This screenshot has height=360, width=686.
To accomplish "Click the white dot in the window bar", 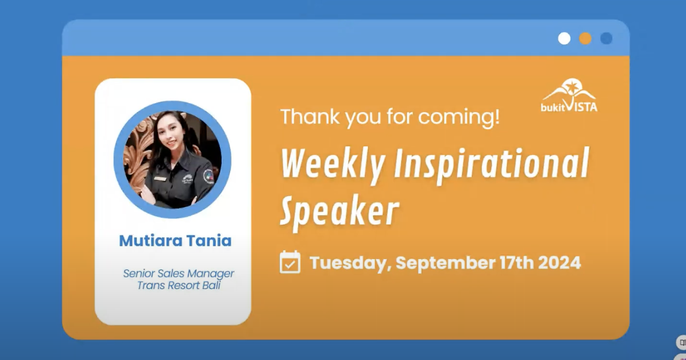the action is (x=564, y=38).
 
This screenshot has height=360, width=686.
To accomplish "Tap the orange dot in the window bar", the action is (x=585, y=38).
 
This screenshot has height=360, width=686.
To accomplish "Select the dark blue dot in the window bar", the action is (x=606, y=38).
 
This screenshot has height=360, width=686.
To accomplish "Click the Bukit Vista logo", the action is (x=569, y=95).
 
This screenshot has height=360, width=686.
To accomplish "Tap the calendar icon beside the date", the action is (x=290, y=262).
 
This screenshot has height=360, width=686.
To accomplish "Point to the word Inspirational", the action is (x=492, y=165).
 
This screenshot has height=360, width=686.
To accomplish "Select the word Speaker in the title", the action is (x=340, y=212).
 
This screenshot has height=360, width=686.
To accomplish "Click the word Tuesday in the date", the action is (x=350, y=263).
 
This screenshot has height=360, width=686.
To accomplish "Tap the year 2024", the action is (x=559, y=262).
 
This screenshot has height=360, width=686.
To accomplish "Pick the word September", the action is (x=446, y=263).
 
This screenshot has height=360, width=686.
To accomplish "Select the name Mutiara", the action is (x=150, y=240).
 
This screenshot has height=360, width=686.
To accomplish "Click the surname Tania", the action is (x=209, y=240).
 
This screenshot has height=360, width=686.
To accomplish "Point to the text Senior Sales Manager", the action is (x=178, y=273).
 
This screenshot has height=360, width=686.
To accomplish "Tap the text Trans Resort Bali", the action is (x=178, y=285).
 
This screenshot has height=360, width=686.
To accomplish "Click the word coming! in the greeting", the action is (x=459, y=117).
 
